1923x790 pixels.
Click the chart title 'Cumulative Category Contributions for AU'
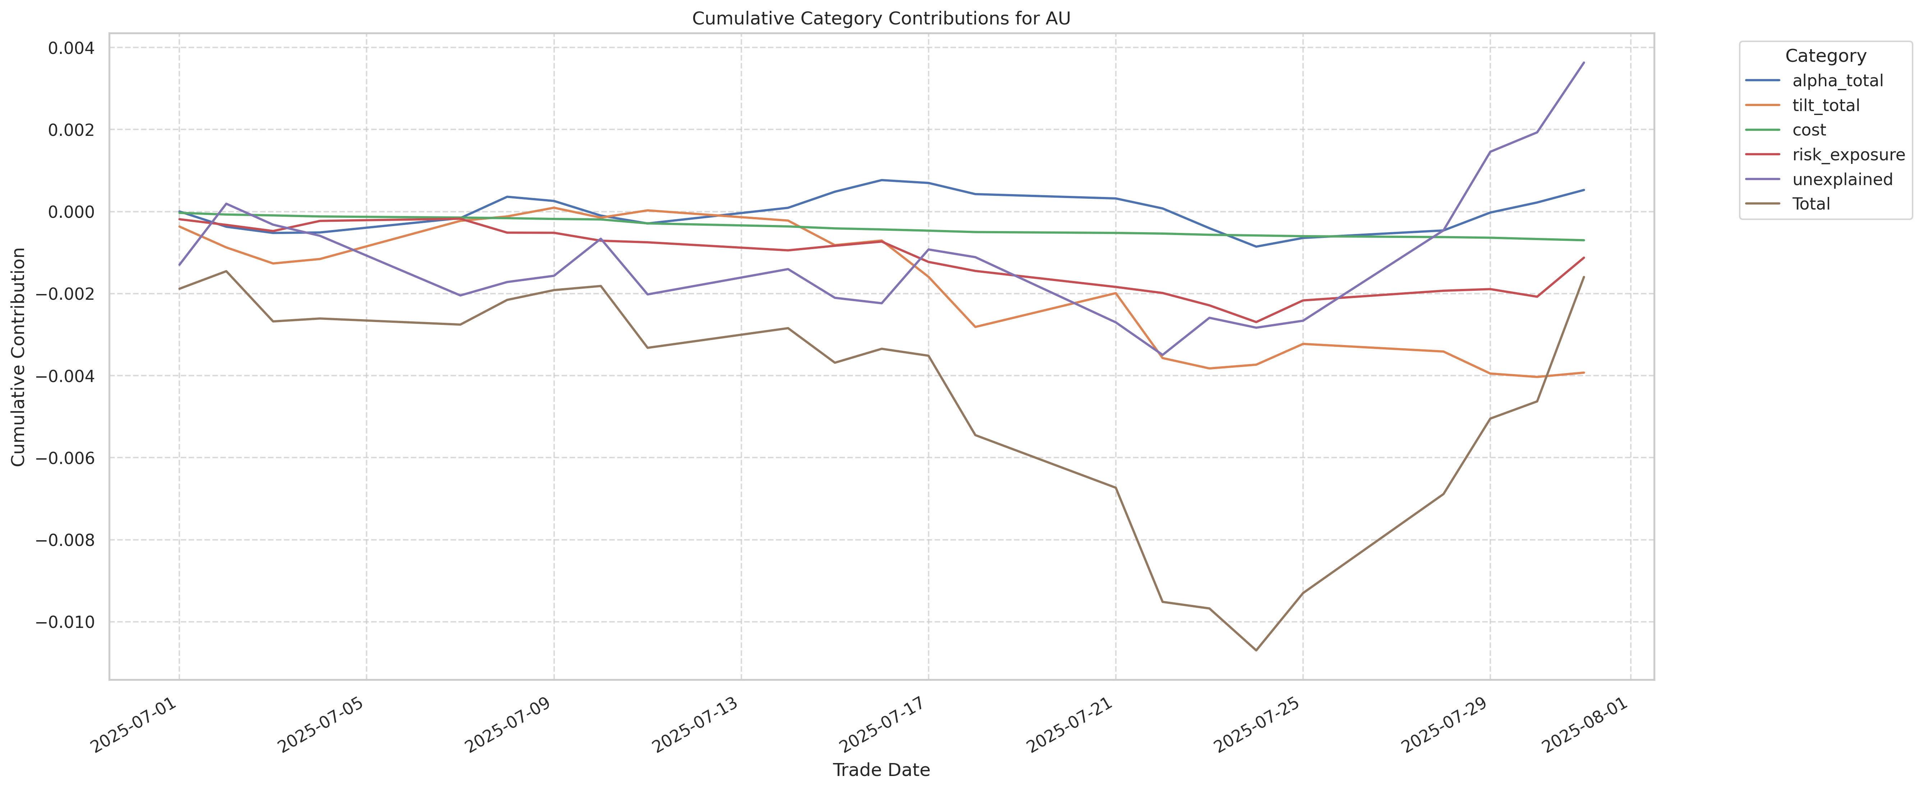(881, 19)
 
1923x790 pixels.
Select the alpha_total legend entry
(1837, 81)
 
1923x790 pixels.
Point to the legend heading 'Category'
(1825, 56)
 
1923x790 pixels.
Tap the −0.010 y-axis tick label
(65, 622)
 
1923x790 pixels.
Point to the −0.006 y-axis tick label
(65, 458)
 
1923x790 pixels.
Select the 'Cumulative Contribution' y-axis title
(19, 357)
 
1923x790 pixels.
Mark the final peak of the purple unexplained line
(1583, 63)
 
